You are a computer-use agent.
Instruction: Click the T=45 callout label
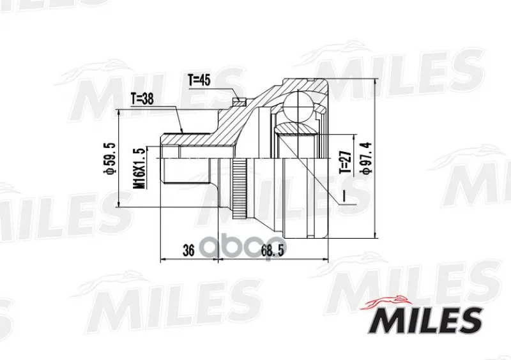[x=200, y=79]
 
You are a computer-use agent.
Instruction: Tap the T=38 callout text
[x=142, y=99]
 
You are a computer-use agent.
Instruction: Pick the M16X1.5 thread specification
[x=138, y=168]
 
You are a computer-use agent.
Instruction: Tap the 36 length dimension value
[x=188, y=251]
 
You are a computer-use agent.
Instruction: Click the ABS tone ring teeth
[x=239, y=189]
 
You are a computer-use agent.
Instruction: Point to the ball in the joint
[x=298, y=106]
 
